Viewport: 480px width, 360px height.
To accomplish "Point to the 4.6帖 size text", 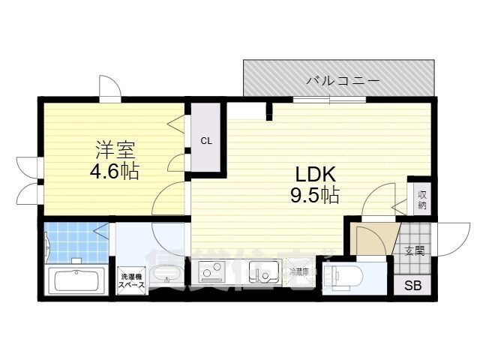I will [x=113, y=171].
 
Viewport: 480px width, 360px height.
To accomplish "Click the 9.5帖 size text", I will [x=314, y=196].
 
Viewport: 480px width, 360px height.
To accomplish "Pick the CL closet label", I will [x=205, y=140].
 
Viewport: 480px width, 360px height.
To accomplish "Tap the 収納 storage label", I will [x=421, y=198].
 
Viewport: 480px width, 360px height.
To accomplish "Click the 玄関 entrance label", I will [x=414, y=250].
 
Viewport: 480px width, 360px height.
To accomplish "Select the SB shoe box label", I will [x=413, y=285].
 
